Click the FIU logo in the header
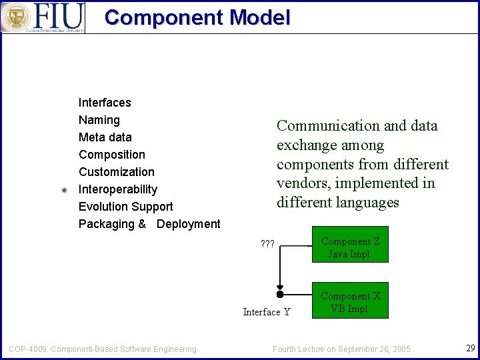coord(43,17)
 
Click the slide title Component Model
coord(197,17)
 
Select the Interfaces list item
coord(105,103)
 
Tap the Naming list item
coord(99,120)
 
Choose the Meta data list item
coord(105,137)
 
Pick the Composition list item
coord(112,155)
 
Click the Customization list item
coord(117,172)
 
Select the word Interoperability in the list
coord(118,189)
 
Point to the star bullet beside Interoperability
coord(64,190)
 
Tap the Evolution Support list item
coord(126,207)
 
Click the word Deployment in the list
coord(189,224)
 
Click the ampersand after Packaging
coord(142,224)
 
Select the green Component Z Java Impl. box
coord(350,247)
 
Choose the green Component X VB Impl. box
coord(350,302)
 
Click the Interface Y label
coord(267,312)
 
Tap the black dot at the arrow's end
coord(280,294)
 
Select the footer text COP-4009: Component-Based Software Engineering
coord(103,349)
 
